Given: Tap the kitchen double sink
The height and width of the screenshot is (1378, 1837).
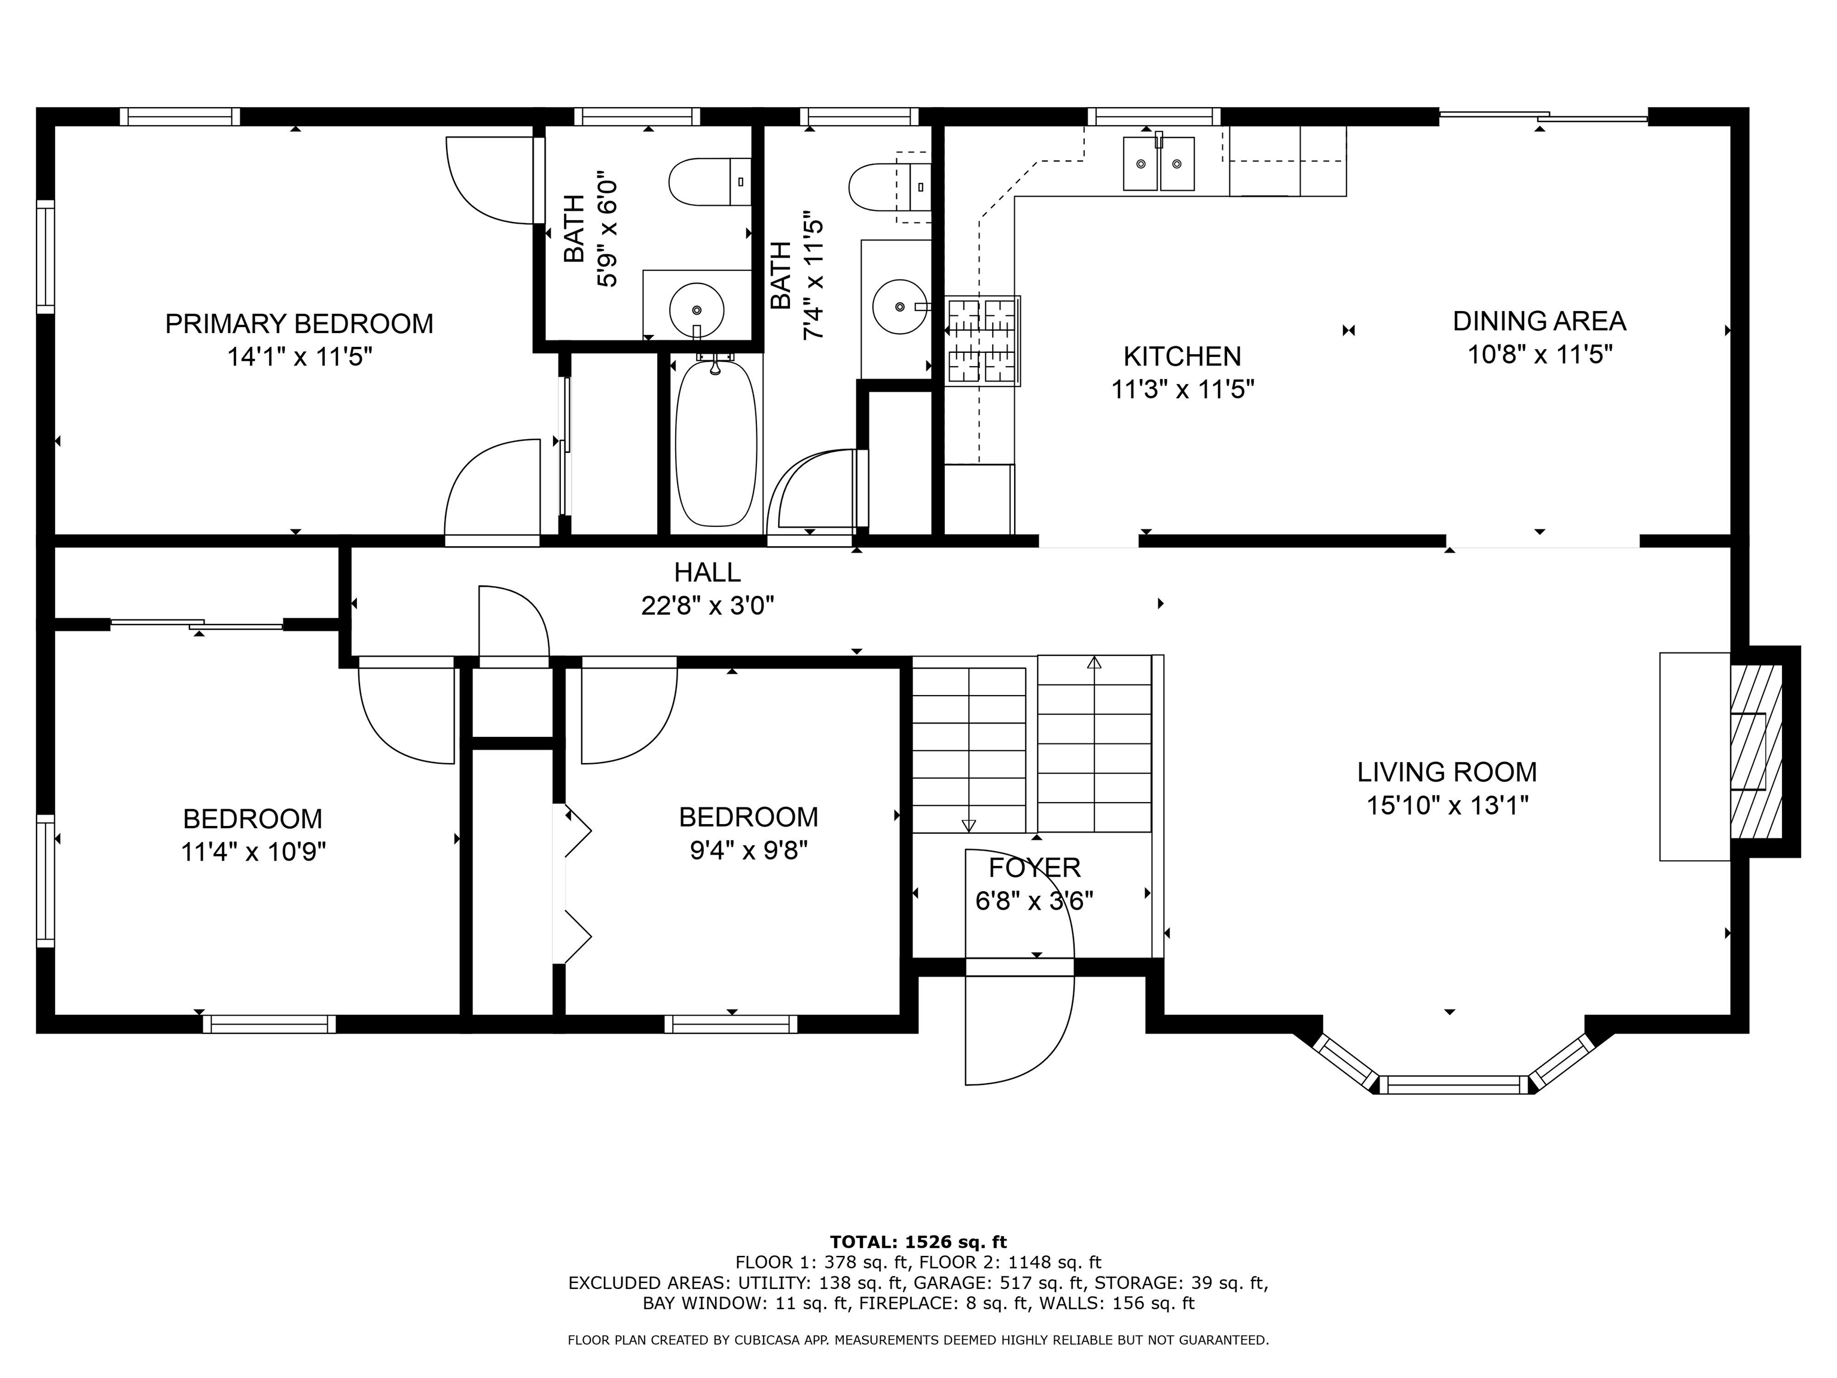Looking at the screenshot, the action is coord(1158,164).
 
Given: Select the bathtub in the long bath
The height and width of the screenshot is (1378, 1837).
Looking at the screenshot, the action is coord(716,443).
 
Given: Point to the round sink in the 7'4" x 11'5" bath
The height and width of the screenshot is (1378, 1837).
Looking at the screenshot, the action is coord(900,306).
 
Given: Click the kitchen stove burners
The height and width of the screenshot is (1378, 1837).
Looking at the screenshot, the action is coord(983,340).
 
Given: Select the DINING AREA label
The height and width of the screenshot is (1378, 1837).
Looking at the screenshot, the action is coord(1539,321).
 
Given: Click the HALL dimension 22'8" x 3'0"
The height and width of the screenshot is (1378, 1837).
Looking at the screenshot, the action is coord(707,605).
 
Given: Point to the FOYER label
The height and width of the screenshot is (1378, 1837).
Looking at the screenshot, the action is coord(1034,867).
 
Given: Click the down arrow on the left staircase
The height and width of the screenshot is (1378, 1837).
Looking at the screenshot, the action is coord(968,825).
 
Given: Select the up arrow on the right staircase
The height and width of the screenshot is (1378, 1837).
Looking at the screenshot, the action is coord(1094,662).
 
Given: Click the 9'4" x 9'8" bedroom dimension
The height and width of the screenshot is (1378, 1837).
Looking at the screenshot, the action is coord(748,850).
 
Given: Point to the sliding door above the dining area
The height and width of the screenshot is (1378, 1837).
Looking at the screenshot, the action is coord(1543,118).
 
